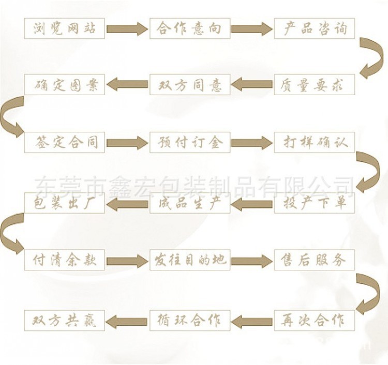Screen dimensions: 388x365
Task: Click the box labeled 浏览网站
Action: pos(65,28)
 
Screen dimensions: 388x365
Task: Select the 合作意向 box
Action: pos(190,28)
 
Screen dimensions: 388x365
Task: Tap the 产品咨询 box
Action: pos(314,28)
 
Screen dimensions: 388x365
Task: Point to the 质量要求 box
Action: pos(314,84)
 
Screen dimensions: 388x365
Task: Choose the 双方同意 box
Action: pos(190,84)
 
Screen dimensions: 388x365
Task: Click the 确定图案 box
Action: pos(65,84)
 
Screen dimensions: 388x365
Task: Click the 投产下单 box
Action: pos(314,203)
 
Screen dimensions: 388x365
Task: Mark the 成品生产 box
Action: pos(190,203)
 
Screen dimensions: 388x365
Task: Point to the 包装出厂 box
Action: pos(65,203)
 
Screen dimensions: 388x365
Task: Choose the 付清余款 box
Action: pos(65,260)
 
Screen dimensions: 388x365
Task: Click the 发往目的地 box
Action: pos(190,260)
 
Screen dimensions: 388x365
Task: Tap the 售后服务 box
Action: pos(314,260)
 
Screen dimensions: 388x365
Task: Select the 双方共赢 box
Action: pos(65,321)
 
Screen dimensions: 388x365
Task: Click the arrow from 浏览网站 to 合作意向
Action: pos(127,28)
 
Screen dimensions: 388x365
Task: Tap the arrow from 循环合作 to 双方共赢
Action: pos(127,321)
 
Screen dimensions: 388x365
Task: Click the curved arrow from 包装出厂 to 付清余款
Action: pos(11,232)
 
